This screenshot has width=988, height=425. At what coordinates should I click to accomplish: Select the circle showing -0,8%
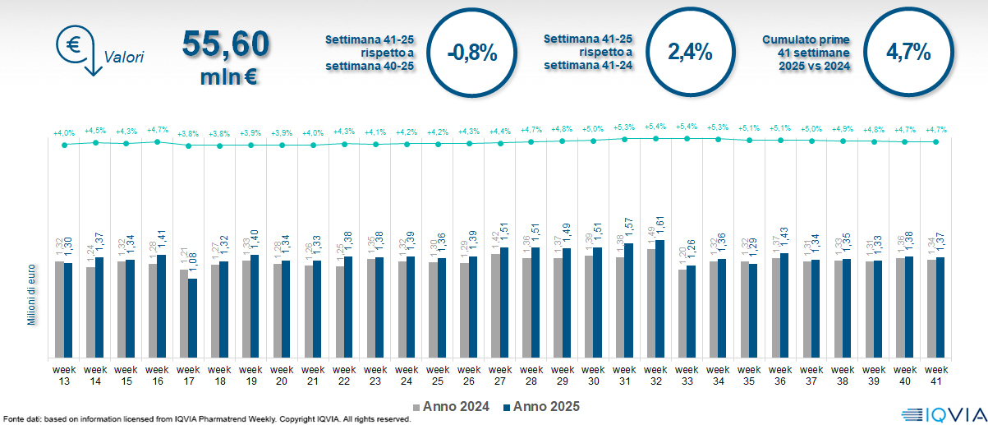point(473,53)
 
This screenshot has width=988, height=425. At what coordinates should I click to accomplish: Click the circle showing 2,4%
point(690,52)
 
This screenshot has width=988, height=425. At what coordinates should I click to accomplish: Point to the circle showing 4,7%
point(908,53)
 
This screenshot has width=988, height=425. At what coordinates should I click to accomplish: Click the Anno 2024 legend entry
point(454,407)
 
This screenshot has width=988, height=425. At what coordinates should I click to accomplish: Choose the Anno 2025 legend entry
point(542,407)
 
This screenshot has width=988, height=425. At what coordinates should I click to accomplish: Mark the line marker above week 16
point(157,141)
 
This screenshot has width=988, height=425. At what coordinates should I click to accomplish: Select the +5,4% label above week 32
point(656,127)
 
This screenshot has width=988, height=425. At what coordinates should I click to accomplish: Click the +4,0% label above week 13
point(64,132)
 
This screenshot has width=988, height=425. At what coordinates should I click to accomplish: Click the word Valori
point(124,58)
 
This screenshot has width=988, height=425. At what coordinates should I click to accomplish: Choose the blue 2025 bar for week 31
point(628,301)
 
